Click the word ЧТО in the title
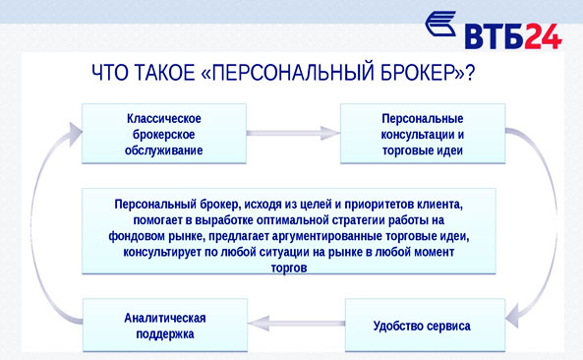pos(109,73)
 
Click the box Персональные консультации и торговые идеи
pos(422,134)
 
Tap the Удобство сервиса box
pos(422,326)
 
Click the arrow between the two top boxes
pos(293,131)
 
